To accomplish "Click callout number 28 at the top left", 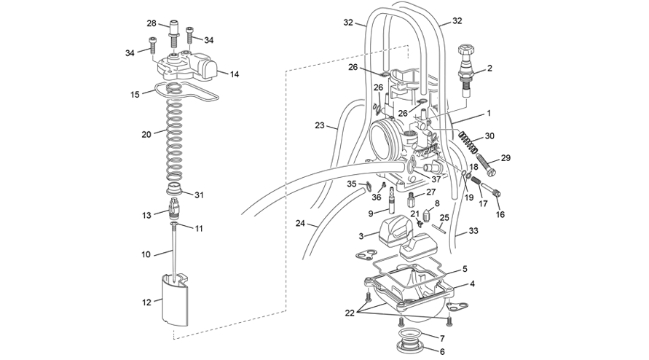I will (152, 23).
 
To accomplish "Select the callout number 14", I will (235, 74).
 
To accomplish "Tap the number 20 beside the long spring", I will (146, 134).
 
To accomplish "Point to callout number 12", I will (147, 302).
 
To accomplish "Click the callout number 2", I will (489, 69).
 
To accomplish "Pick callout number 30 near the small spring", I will (489, 136).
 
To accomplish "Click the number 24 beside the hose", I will (301, 223).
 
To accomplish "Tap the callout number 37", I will (436, 179).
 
